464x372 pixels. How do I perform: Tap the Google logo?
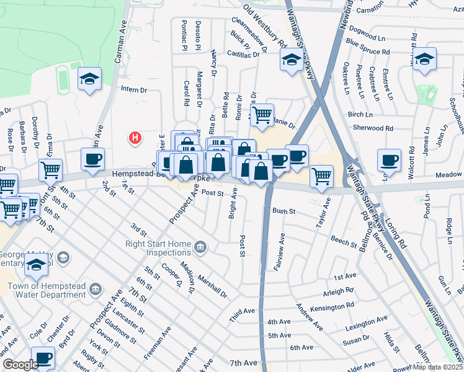coord(20,365)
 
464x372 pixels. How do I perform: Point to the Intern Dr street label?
coord(133,90)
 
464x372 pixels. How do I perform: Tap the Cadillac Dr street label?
coord(243,55)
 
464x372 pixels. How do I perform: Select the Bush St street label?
coord(283,211)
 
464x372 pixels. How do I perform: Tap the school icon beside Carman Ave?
coord(90,79)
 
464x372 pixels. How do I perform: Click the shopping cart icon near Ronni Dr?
coord(261,114)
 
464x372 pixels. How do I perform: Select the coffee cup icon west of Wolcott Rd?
coord(389,161)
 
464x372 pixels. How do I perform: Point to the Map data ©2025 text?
coord(438,367)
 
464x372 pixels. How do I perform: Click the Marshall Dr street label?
coord(213,280)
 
